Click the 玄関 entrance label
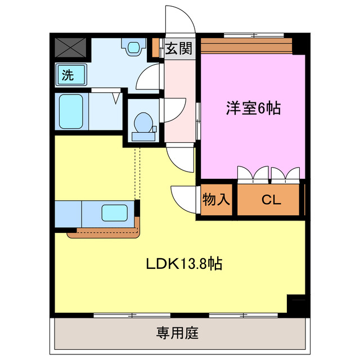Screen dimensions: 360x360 pos(179,48)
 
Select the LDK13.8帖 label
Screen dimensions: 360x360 pos(184,263)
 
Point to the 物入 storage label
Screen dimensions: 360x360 pos(216,199)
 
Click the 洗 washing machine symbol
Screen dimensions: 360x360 pos(70,75)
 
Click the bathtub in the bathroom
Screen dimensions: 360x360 pos(71,112)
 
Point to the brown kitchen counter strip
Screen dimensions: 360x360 pos(104,232)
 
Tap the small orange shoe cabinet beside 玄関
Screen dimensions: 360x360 pos(156,48)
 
